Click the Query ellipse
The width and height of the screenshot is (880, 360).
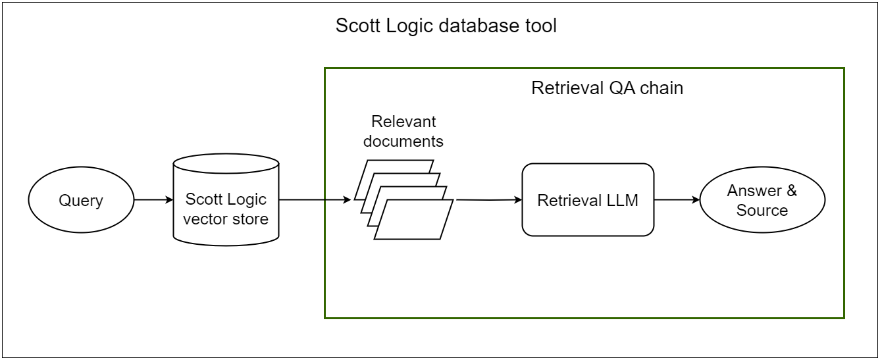[81, 200]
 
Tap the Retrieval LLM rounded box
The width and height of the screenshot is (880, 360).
[588, 200]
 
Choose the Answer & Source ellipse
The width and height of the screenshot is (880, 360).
[762, 200]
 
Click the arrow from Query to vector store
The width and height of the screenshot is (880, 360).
[153, 200]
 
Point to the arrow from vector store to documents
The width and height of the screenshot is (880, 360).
[315, 200]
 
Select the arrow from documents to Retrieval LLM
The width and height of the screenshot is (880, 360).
[487, 199]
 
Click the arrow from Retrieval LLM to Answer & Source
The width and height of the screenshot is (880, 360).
[677, 200]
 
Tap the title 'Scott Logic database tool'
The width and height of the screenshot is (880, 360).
[446, 26]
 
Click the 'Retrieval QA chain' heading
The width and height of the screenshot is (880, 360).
[607, 88]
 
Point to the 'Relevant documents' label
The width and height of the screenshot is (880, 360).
[403, 132]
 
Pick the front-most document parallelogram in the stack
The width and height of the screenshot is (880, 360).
[414, 220]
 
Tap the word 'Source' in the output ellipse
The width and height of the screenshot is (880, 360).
[762, 211]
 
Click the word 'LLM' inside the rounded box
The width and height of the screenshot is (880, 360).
[623, 201]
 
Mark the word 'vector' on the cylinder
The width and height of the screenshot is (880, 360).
[203, 219]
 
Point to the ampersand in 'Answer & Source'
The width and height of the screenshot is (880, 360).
[790, 191]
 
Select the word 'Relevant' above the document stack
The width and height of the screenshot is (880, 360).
[403, 122]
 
